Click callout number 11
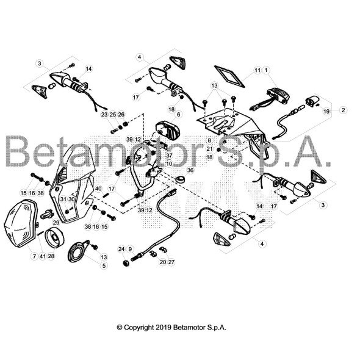click(257, 70)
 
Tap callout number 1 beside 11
click(266, 70)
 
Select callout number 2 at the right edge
click(343, 110)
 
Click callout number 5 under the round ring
click(103, 265)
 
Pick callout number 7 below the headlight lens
click(34, 256)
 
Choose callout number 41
click(43, 256)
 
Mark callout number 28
click(51, 256)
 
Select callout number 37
click(169, 156)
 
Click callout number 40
click(98, 188)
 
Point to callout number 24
click(121, 249)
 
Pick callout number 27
click(171, 262)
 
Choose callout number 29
click(56, 222)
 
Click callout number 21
click(209, 148)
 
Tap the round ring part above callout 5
click(79, 252)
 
